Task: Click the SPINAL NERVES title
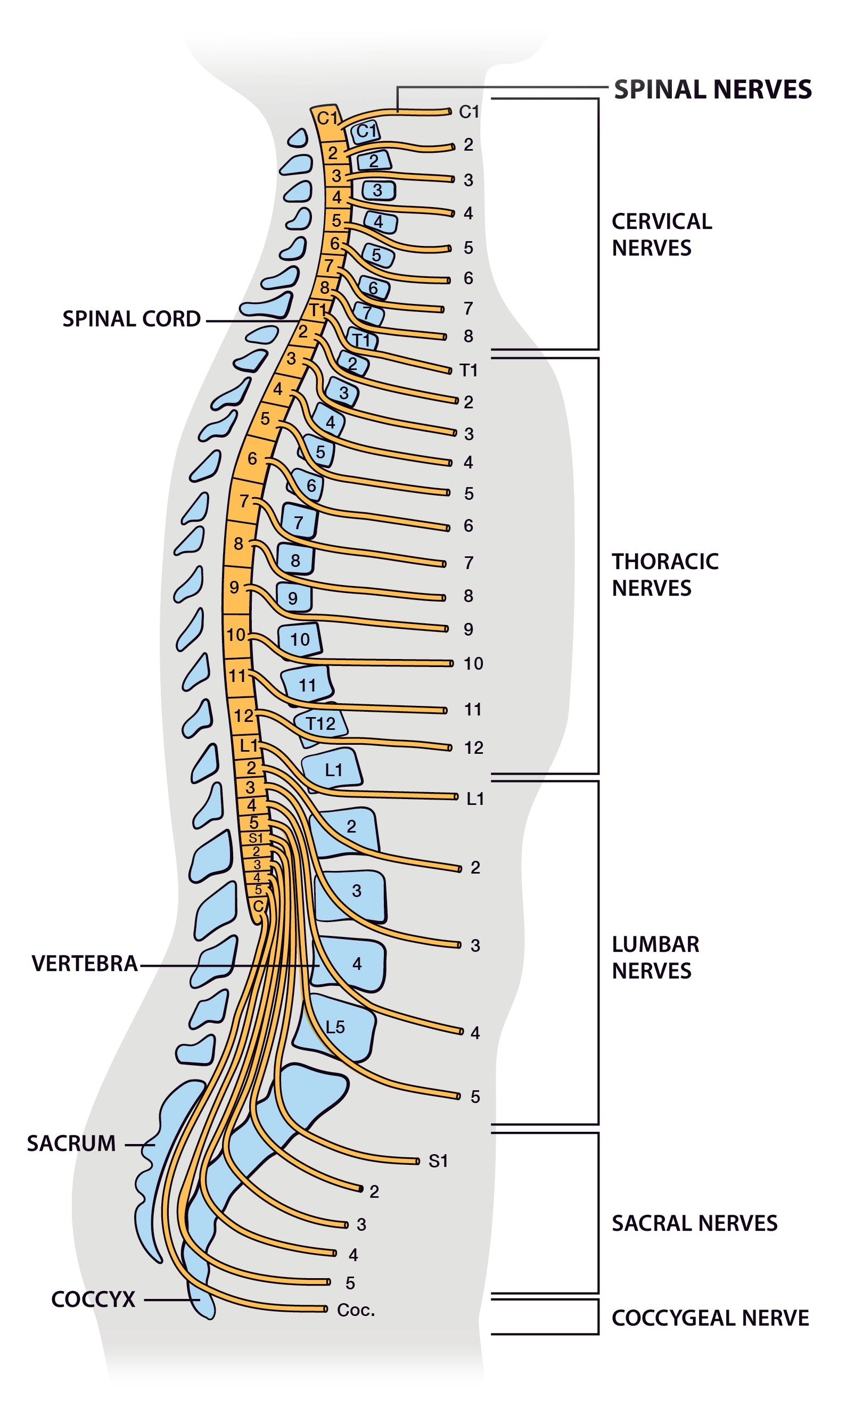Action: point(712,89)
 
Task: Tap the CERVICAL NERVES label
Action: point(662,234)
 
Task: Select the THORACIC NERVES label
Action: point(665,574)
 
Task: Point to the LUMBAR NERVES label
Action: point(655,957)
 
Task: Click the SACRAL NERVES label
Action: point(694,1223)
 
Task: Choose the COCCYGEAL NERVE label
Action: point(710,1318)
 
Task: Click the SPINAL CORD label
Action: point(131,319)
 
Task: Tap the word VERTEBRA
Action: point(85,963)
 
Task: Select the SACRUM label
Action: point(71,1143)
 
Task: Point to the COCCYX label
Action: point(93,1299)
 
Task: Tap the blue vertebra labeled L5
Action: point(335,1027)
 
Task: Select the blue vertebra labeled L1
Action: point(333,770)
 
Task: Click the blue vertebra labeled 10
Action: point(300,639)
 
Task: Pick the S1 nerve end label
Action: point(438,1161)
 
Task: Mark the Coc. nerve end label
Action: point(356,1310)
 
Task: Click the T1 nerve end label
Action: point(468,371)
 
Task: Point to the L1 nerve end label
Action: point(475,798)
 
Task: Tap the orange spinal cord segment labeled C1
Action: point(327,118)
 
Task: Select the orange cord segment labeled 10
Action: point(236,635)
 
